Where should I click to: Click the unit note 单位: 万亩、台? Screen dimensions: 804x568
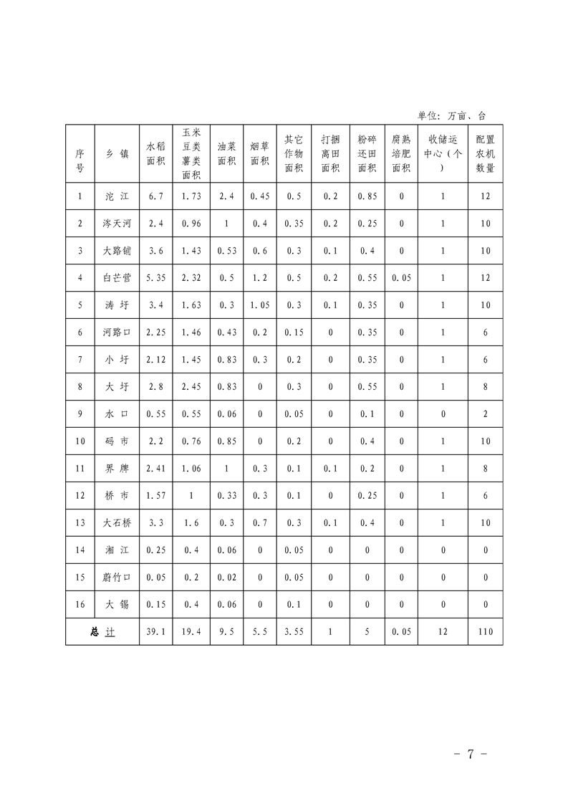451,115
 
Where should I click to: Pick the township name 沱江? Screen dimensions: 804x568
116,196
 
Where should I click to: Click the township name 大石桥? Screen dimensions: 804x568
116,522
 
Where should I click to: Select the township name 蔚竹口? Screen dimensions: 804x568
116,577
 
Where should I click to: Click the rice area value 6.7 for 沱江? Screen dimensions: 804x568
155,196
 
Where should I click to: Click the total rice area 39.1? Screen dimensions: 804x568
155,631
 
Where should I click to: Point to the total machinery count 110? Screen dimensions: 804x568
485,631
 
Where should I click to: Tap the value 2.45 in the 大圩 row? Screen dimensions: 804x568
191,386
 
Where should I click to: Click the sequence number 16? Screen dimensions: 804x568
80,604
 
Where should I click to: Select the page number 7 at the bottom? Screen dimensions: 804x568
471,754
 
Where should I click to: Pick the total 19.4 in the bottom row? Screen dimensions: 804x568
191,631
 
